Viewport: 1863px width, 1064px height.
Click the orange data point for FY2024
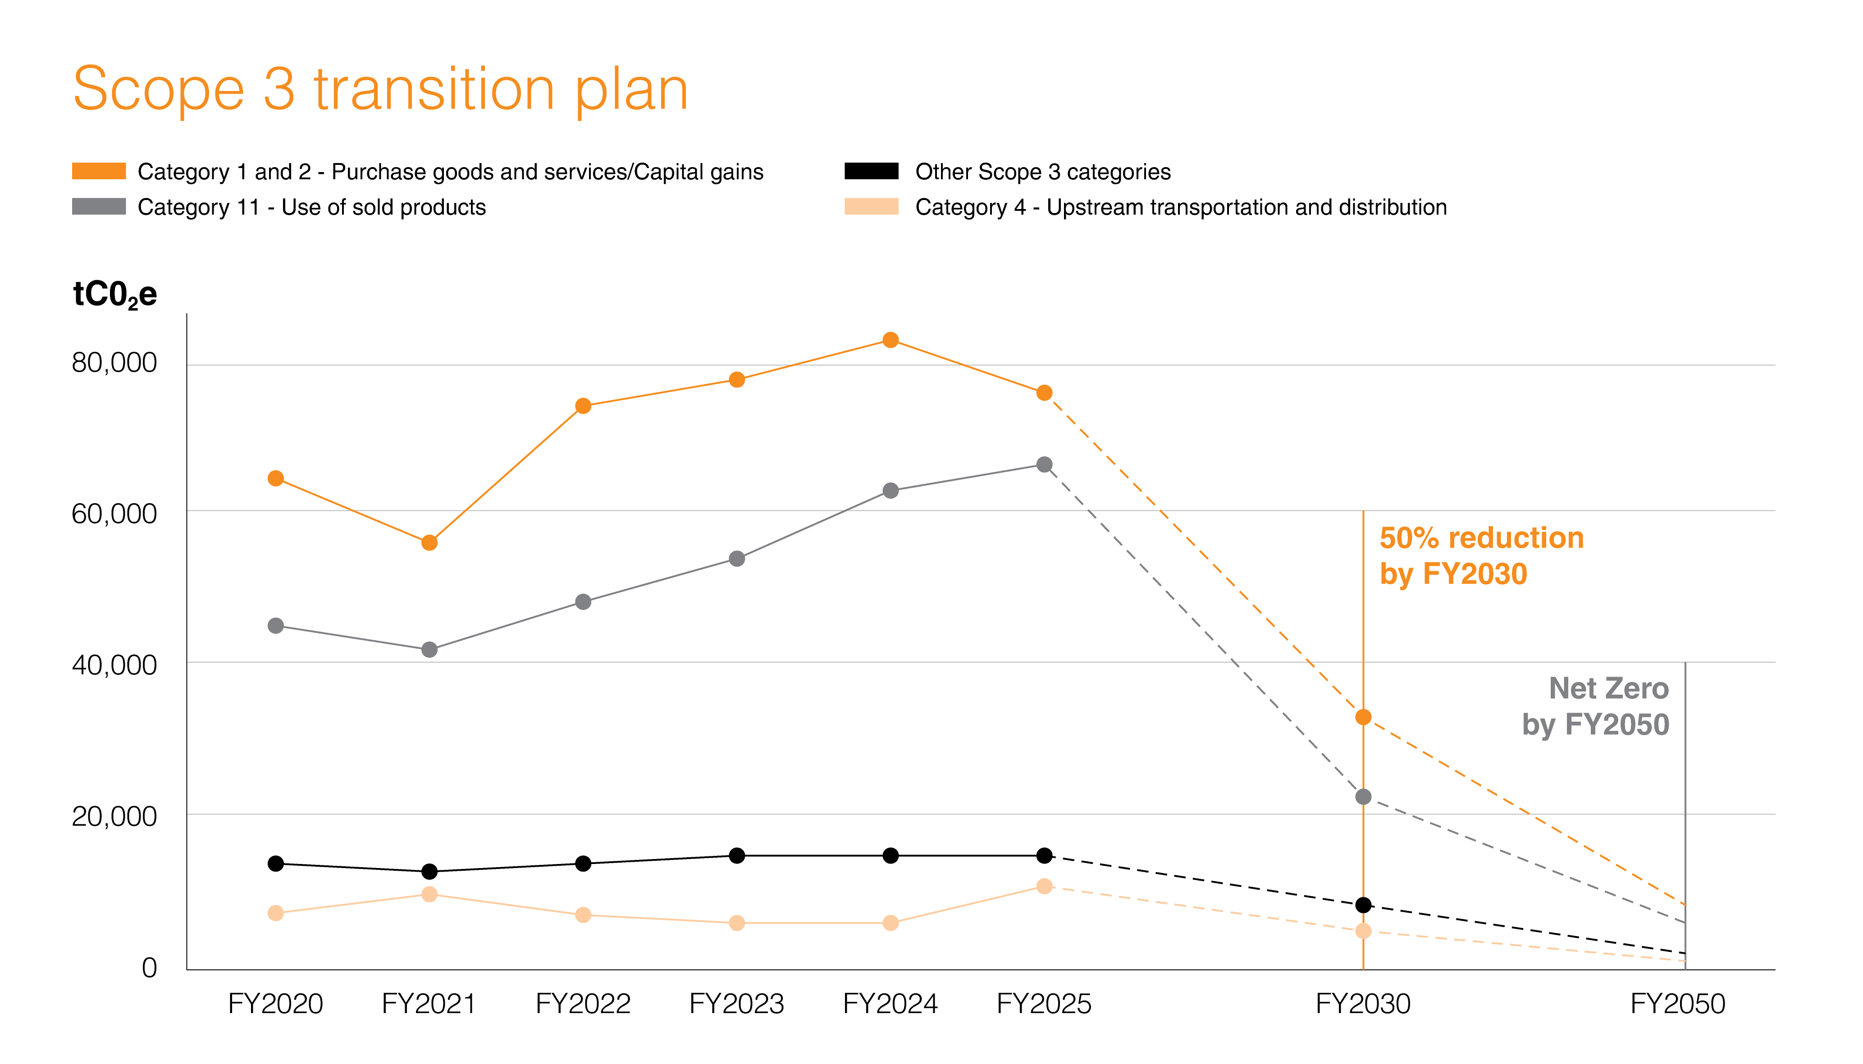point(890,340)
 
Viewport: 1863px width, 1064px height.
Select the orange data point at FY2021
point(429,543)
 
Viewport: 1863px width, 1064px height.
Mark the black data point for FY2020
point(275,864)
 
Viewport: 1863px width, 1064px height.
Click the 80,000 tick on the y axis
point(114,363)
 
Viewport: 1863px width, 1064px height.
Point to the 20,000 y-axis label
point(114,816)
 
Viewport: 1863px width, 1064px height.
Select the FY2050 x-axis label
point(1677,1004)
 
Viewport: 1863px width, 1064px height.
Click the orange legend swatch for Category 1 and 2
point(99,171)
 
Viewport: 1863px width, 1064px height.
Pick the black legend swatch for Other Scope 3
point(871,171)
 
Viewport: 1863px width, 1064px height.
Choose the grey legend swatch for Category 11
point(99,207)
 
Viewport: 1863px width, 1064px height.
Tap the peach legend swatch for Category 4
point(871,207)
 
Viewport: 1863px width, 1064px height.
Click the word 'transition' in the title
point(434,89)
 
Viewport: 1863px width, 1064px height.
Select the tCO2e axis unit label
point(115,295)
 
